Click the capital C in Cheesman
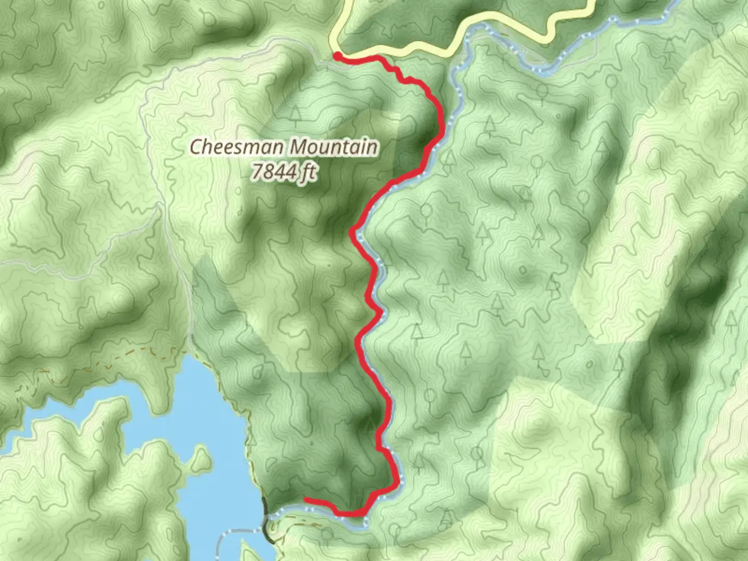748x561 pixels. tap(195, 147)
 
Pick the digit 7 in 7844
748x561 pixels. tap(256, 171)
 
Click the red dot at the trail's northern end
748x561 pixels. tap(337, 56)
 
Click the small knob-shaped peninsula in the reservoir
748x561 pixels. tap(199, 460)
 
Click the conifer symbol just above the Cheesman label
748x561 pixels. tap(296, 115)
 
